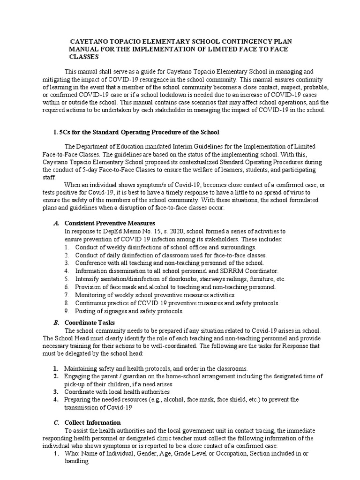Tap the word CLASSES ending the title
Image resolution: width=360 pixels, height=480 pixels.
(x=84, y=57)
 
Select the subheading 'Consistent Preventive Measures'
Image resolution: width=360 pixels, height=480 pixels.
(x=109, y=223)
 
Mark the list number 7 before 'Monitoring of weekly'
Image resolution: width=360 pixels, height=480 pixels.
(x=67, y=295)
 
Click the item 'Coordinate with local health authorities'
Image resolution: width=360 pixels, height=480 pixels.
(x=117, y=392)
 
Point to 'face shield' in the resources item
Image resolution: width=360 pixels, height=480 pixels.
(x=224, y=399)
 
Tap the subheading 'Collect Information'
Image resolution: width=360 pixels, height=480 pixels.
(x=92, y=422)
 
